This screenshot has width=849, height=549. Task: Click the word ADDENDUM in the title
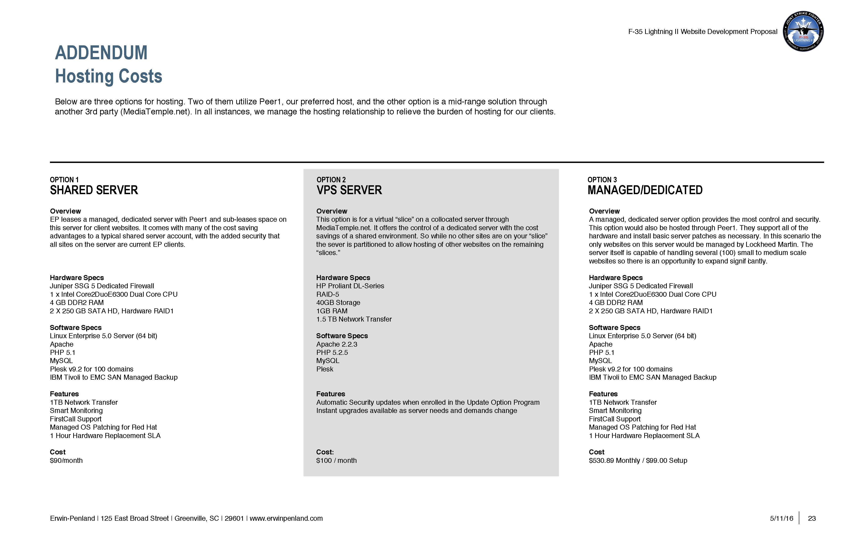tap(101, 53)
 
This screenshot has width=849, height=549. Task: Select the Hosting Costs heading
tap(109, 76)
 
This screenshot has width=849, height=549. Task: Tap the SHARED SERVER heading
tap(94, 190)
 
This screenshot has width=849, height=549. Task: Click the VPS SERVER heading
tap(349, 190)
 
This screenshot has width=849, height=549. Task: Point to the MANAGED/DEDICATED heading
tap(645, 190)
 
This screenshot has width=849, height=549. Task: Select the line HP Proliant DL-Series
tap(350, 286)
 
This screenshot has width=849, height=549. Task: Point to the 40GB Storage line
tap(338, 303)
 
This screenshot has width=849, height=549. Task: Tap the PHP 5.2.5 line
tap(332, 353)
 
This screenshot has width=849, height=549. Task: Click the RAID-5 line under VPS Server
tap(327, 294)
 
